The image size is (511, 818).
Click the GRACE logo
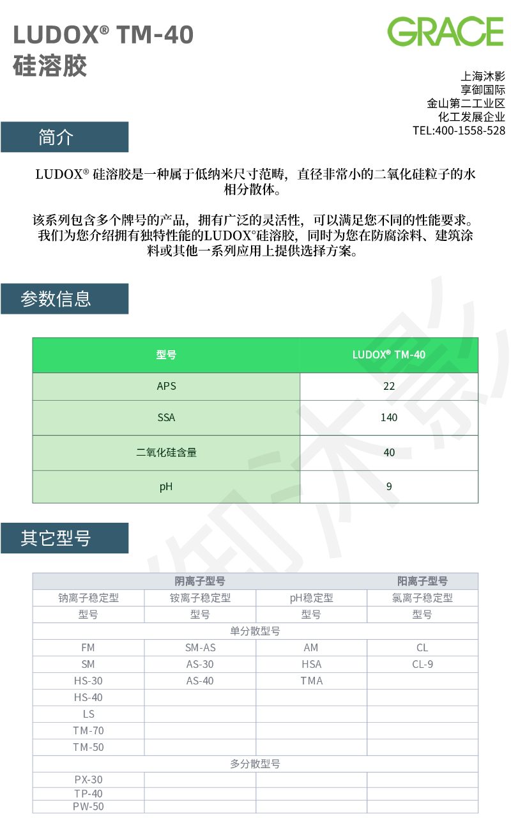coord(445,31)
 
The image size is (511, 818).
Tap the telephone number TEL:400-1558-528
coord(459,130)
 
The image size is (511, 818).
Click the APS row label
coord(166,386)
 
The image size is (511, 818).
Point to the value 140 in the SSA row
coord(388,417)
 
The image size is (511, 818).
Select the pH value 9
coord(389,486)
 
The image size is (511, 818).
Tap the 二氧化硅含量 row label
coord(166,452)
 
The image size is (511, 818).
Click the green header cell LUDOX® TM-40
coord(388,355)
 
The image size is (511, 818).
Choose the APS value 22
coord(389,386)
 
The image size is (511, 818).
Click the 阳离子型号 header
coord(422,581)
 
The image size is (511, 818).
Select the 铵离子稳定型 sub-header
coord(200,598)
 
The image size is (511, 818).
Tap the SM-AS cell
coord(200,647)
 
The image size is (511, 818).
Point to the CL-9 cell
coord(422,664)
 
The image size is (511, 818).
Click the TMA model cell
coord(311,681)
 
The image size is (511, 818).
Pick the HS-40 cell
coord(88,697)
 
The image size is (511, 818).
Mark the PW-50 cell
coord(88,806)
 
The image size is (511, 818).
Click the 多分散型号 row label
coord(255,764)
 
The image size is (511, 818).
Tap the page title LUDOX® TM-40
coord(103,35)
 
